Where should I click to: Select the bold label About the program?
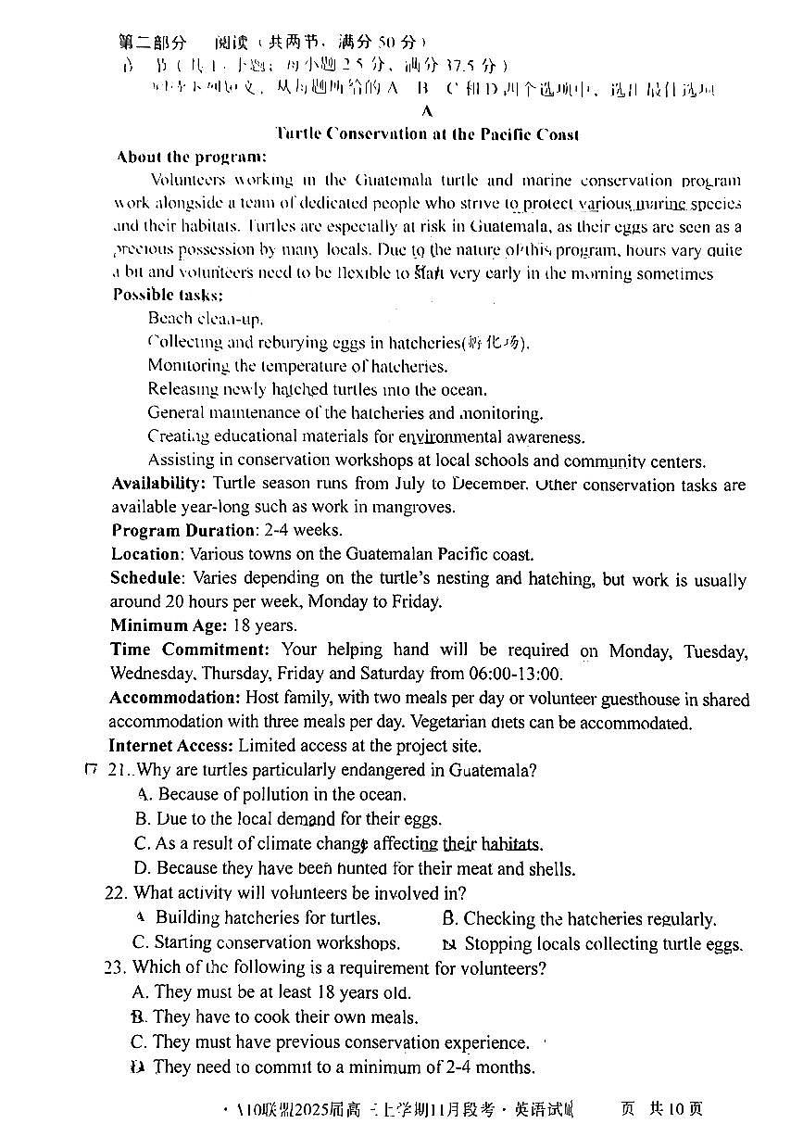192,158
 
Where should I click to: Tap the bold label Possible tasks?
168,295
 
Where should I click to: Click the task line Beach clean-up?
192,319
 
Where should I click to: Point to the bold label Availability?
158,484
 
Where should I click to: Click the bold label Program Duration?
184,531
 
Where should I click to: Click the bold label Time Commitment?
191,650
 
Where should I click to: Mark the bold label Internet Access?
171,745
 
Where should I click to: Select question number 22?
115,893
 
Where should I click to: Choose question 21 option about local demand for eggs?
288,819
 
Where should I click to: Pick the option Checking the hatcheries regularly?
580,919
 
